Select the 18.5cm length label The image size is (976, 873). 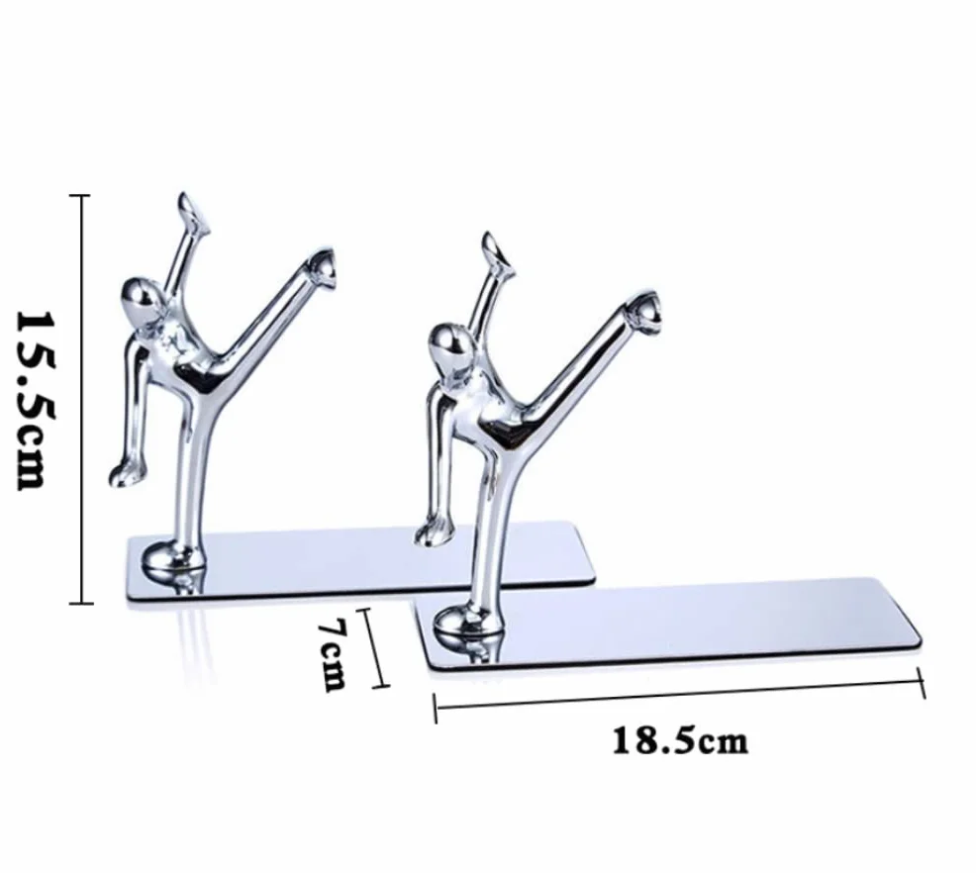coord(680,741)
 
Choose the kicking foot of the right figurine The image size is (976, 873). coord(643,312)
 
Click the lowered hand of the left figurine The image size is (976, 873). coord(125,473)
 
